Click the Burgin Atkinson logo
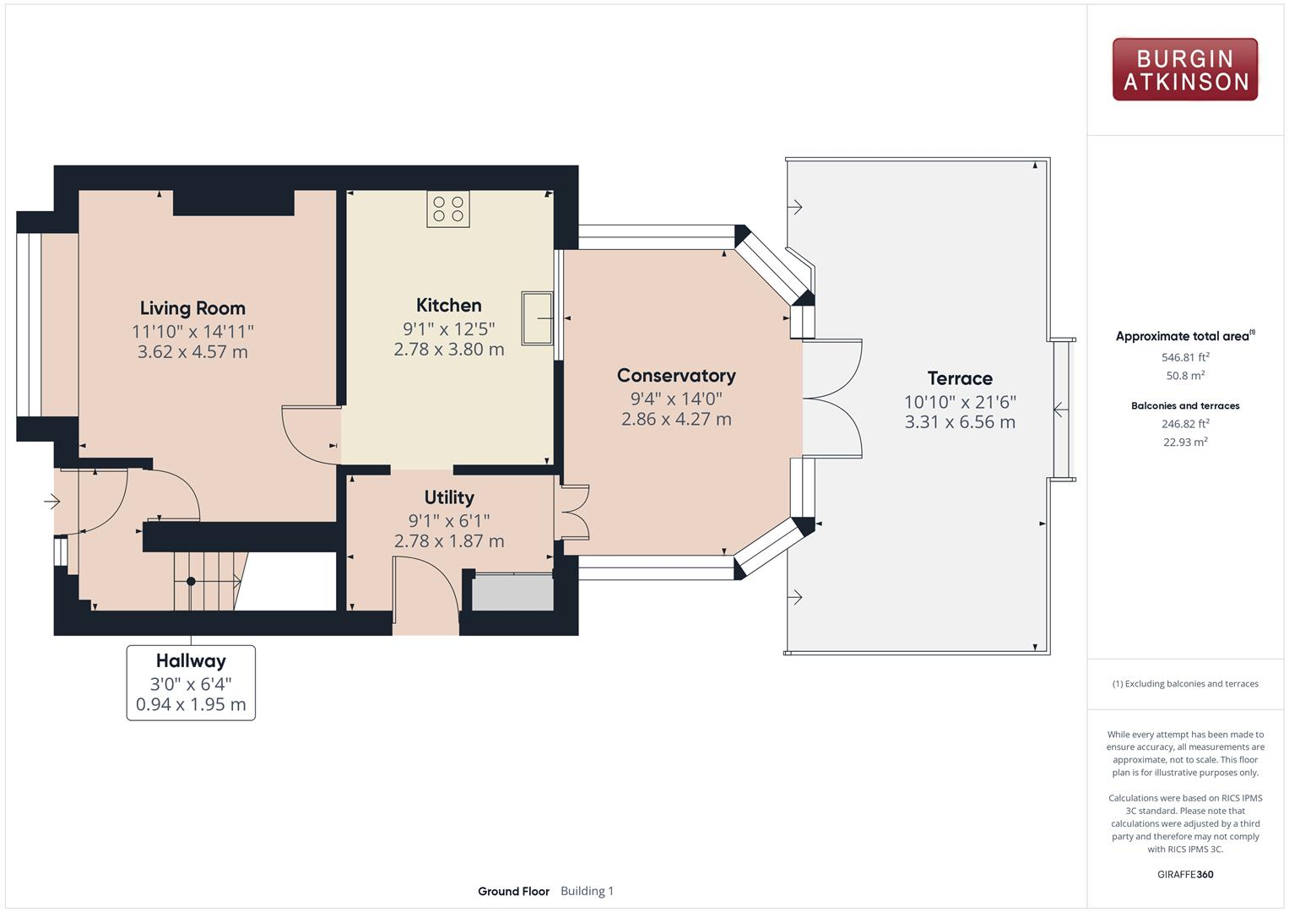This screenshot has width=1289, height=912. coord(1185,69)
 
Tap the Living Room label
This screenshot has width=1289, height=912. coord(192,308)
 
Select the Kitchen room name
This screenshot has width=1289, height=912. coord(449,305)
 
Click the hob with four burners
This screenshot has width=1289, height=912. coord(448,209)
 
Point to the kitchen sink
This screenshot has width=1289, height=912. coord(537,318)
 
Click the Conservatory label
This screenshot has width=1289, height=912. coord(676,376)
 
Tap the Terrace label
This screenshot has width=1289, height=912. coord(960,378)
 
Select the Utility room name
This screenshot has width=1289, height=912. coord(449,497)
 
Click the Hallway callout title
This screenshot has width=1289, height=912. coord(191,661)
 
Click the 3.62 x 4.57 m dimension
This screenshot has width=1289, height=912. coord(192,352)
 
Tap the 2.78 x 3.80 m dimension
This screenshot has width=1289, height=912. coord(449,350)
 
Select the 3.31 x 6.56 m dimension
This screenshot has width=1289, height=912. coord(960,422)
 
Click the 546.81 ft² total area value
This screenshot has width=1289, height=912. coord(1185,357)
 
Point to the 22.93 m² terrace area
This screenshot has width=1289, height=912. coord(1185,442)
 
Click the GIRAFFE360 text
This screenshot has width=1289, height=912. coord(1185,874)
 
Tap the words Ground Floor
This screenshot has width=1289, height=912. coord(513,891)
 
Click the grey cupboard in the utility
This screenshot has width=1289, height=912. coord(512,593)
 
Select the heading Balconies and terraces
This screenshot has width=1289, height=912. coord(1185,405)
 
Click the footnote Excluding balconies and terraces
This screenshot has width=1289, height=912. coord(1185,683)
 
